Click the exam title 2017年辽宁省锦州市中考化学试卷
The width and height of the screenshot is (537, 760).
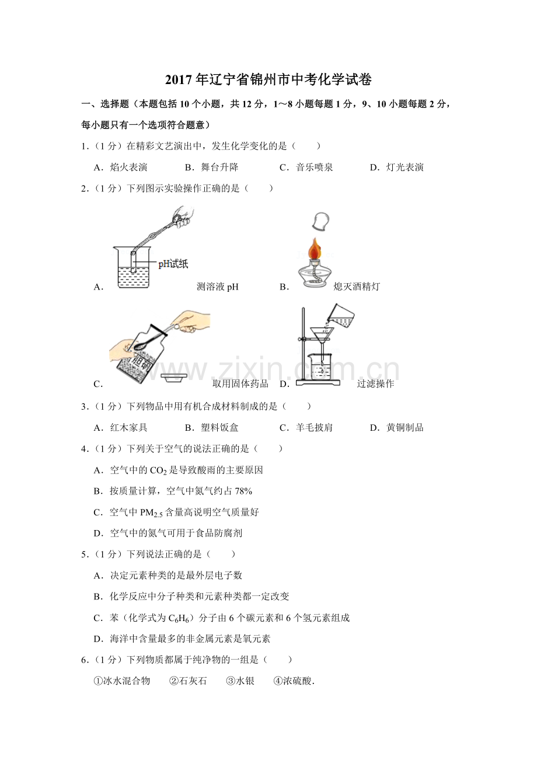268,79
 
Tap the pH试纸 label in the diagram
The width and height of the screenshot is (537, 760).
173,264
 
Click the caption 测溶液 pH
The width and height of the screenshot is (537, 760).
218,287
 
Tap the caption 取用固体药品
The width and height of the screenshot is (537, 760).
240,384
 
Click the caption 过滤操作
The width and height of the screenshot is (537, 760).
375,384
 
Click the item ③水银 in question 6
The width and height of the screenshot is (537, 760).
240,681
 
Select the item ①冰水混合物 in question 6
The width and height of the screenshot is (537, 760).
122,681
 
